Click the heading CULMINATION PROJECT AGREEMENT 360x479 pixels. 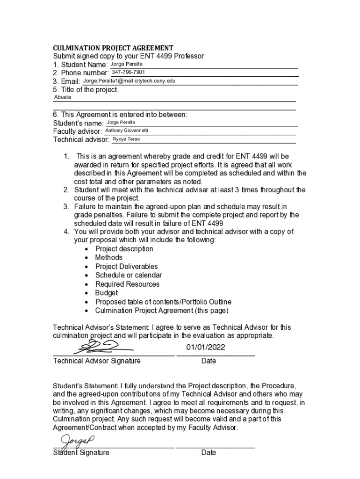[113, 48]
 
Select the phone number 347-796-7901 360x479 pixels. [128, 72]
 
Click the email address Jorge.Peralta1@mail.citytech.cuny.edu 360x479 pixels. [129, 81]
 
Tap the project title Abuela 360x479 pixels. [63, 97]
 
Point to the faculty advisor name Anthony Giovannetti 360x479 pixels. [127, 131]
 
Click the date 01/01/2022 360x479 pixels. [205, 347]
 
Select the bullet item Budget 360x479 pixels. [106, 293]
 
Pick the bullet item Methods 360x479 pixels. [108, 257]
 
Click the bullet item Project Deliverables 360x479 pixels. [126, 266]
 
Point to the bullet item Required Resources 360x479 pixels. [127, 284]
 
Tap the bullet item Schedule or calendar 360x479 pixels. [129, 275]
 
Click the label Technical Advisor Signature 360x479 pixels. [97, 361]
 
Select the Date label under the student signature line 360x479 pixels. [209, 452]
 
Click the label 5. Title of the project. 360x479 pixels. [86, 90]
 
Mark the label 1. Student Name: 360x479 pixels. [80, 65]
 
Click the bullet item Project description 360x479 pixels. [124, 248]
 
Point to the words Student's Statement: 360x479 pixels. [86, 386]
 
